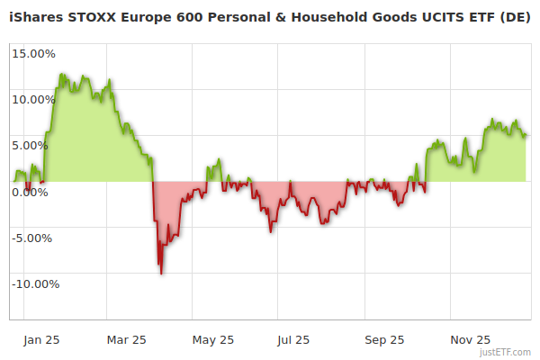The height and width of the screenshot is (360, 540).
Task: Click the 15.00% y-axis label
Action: click(33, 53)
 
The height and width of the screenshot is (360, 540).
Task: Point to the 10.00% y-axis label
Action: click(33, 99)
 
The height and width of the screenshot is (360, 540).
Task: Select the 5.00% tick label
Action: click(36, 145)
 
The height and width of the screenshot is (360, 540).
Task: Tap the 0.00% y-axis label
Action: click(36, 192)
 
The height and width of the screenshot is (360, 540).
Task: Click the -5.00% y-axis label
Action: click(34, 238)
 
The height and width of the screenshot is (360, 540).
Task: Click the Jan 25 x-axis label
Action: click(41, 340)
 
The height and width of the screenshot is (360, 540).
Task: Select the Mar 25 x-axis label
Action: click(126, 340)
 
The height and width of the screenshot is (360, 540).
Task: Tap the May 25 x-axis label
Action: click(213, 340)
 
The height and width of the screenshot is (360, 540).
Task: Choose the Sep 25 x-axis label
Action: click(385, 340)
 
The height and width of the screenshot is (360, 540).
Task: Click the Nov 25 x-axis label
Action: click(471, 340)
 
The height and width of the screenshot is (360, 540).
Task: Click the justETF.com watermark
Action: click(507, 353)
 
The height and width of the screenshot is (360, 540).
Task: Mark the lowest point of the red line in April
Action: click(161, 273)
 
